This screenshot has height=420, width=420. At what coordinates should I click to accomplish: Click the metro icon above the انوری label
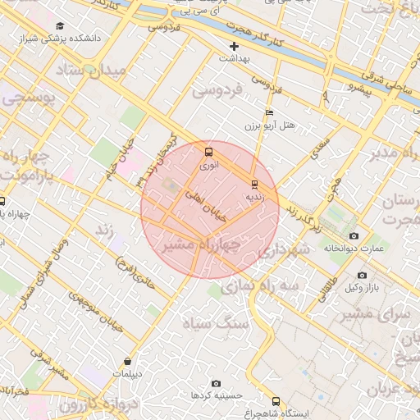coord(208,152)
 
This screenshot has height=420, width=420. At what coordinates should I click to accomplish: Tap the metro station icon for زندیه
coord(254,184)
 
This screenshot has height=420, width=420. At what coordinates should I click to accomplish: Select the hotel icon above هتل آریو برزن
coord(270,113)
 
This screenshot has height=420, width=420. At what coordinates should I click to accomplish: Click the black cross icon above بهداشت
coord(234,46)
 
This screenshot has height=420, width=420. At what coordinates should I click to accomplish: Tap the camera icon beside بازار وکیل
coord(362,275)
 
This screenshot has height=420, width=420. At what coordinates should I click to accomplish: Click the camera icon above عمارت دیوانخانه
coord(354,235)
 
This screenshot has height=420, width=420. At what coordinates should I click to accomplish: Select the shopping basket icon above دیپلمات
coord(127,362)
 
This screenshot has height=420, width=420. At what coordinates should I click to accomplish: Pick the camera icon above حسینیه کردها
coord(216,383)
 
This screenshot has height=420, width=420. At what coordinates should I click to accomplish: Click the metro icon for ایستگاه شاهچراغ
coord(275,402)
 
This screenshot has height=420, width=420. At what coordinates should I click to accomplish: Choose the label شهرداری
coord(286,252)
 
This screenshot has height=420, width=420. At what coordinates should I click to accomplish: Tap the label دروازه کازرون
coord(72,405)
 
